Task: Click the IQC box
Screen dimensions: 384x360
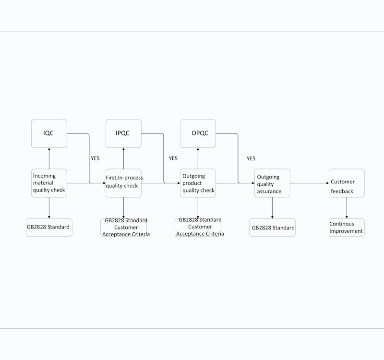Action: pos(49,133)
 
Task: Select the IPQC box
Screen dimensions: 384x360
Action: pos(123,133)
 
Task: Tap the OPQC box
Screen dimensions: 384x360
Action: pos(198,133)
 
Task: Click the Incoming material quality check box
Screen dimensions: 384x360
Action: pos(49,183)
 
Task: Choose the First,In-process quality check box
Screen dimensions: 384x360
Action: pos(123,183)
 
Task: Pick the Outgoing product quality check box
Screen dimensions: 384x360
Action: pos(198,183)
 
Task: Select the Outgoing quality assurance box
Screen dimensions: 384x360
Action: pos(272,183)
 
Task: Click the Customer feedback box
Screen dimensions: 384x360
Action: pos(347,183)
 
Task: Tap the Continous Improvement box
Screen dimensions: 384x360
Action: pos(347,228)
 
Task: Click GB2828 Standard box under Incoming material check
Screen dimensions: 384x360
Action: pos(49,228)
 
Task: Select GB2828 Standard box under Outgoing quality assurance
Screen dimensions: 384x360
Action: pos(272,228)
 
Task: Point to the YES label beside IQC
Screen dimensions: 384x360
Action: pos(95,158)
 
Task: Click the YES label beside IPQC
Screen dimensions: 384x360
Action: pos(173,158)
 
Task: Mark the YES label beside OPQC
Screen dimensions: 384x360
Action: pos(251,158)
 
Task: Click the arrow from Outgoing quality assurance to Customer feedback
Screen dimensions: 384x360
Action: pos(310,183)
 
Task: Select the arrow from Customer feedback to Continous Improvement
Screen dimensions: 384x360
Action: pos(347,208)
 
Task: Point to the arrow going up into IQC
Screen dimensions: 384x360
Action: pos(49,158)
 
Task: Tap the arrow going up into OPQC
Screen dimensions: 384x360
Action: pos(198,158)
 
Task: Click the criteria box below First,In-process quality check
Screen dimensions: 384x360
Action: pos(123,228)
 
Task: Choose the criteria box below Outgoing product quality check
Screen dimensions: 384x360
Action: pos(198,228)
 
